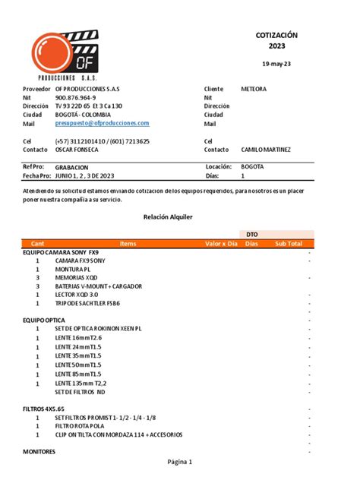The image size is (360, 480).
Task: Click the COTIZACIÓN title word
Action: [x=276, y=35]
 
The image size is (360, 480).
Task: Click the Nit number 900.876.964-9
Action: [x=75, y=98]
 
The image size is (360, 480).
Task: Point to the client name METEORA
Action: [x=253, y=89]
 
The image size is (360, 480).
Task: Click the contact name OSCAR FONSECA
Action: [x=79, y=150]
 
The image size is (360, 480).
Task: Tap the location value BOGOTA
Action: [x=252, y=166]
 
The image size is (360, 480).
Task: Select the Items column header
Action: [x=128, y=243]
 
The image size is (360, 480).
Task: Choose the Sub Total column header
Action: [x=289, y=243]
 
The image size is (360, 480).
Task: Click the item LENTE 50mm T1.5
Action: [x=78, y=365]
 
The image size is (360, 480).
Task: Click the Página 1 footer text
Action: [x=179, y=462]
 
